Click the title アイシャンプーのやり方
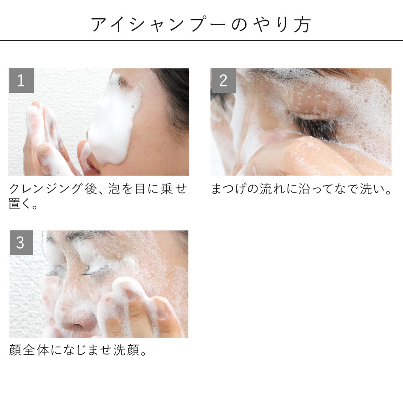[x=201, y=25]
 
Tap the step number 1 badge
[x=21, y=81]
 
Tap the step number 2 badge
[x=223, y=81]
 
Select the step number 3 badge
[x=21, y=243]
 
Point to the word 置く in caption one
[x=19, y=204]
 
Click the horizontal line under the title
[x=201, y=40]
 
